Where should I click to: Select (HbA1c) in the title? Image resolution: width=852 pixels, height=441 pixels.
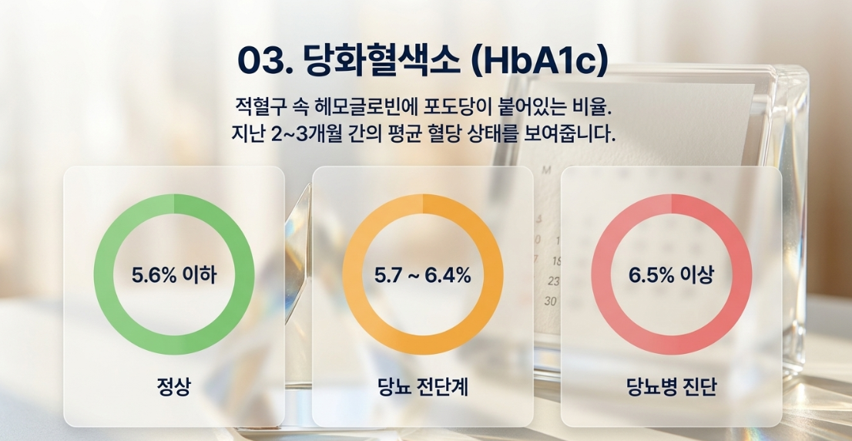[x=535, y=62]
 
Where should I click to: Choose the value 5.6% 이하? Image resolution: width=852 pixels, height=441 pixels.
[x=174, y=276]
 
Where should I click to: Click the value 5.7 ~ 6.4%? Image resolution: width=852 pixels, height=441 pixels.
[x=423, y=276]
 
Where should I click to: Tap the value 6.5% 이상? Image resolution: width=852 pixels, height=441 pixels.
[x=671, y=276]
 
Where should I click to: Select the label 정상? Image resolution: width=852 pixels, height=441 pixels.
[x=174, y=388]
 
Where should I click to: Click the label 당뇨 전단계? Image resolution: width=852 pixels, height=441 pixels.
[x=423, y=388]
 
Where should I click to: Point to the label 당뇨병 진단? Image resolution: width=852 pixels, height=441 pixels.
[x=672, y=388]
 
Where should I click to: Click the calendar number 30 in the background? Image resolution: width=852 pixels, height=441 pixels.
[x=551, y=301]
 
